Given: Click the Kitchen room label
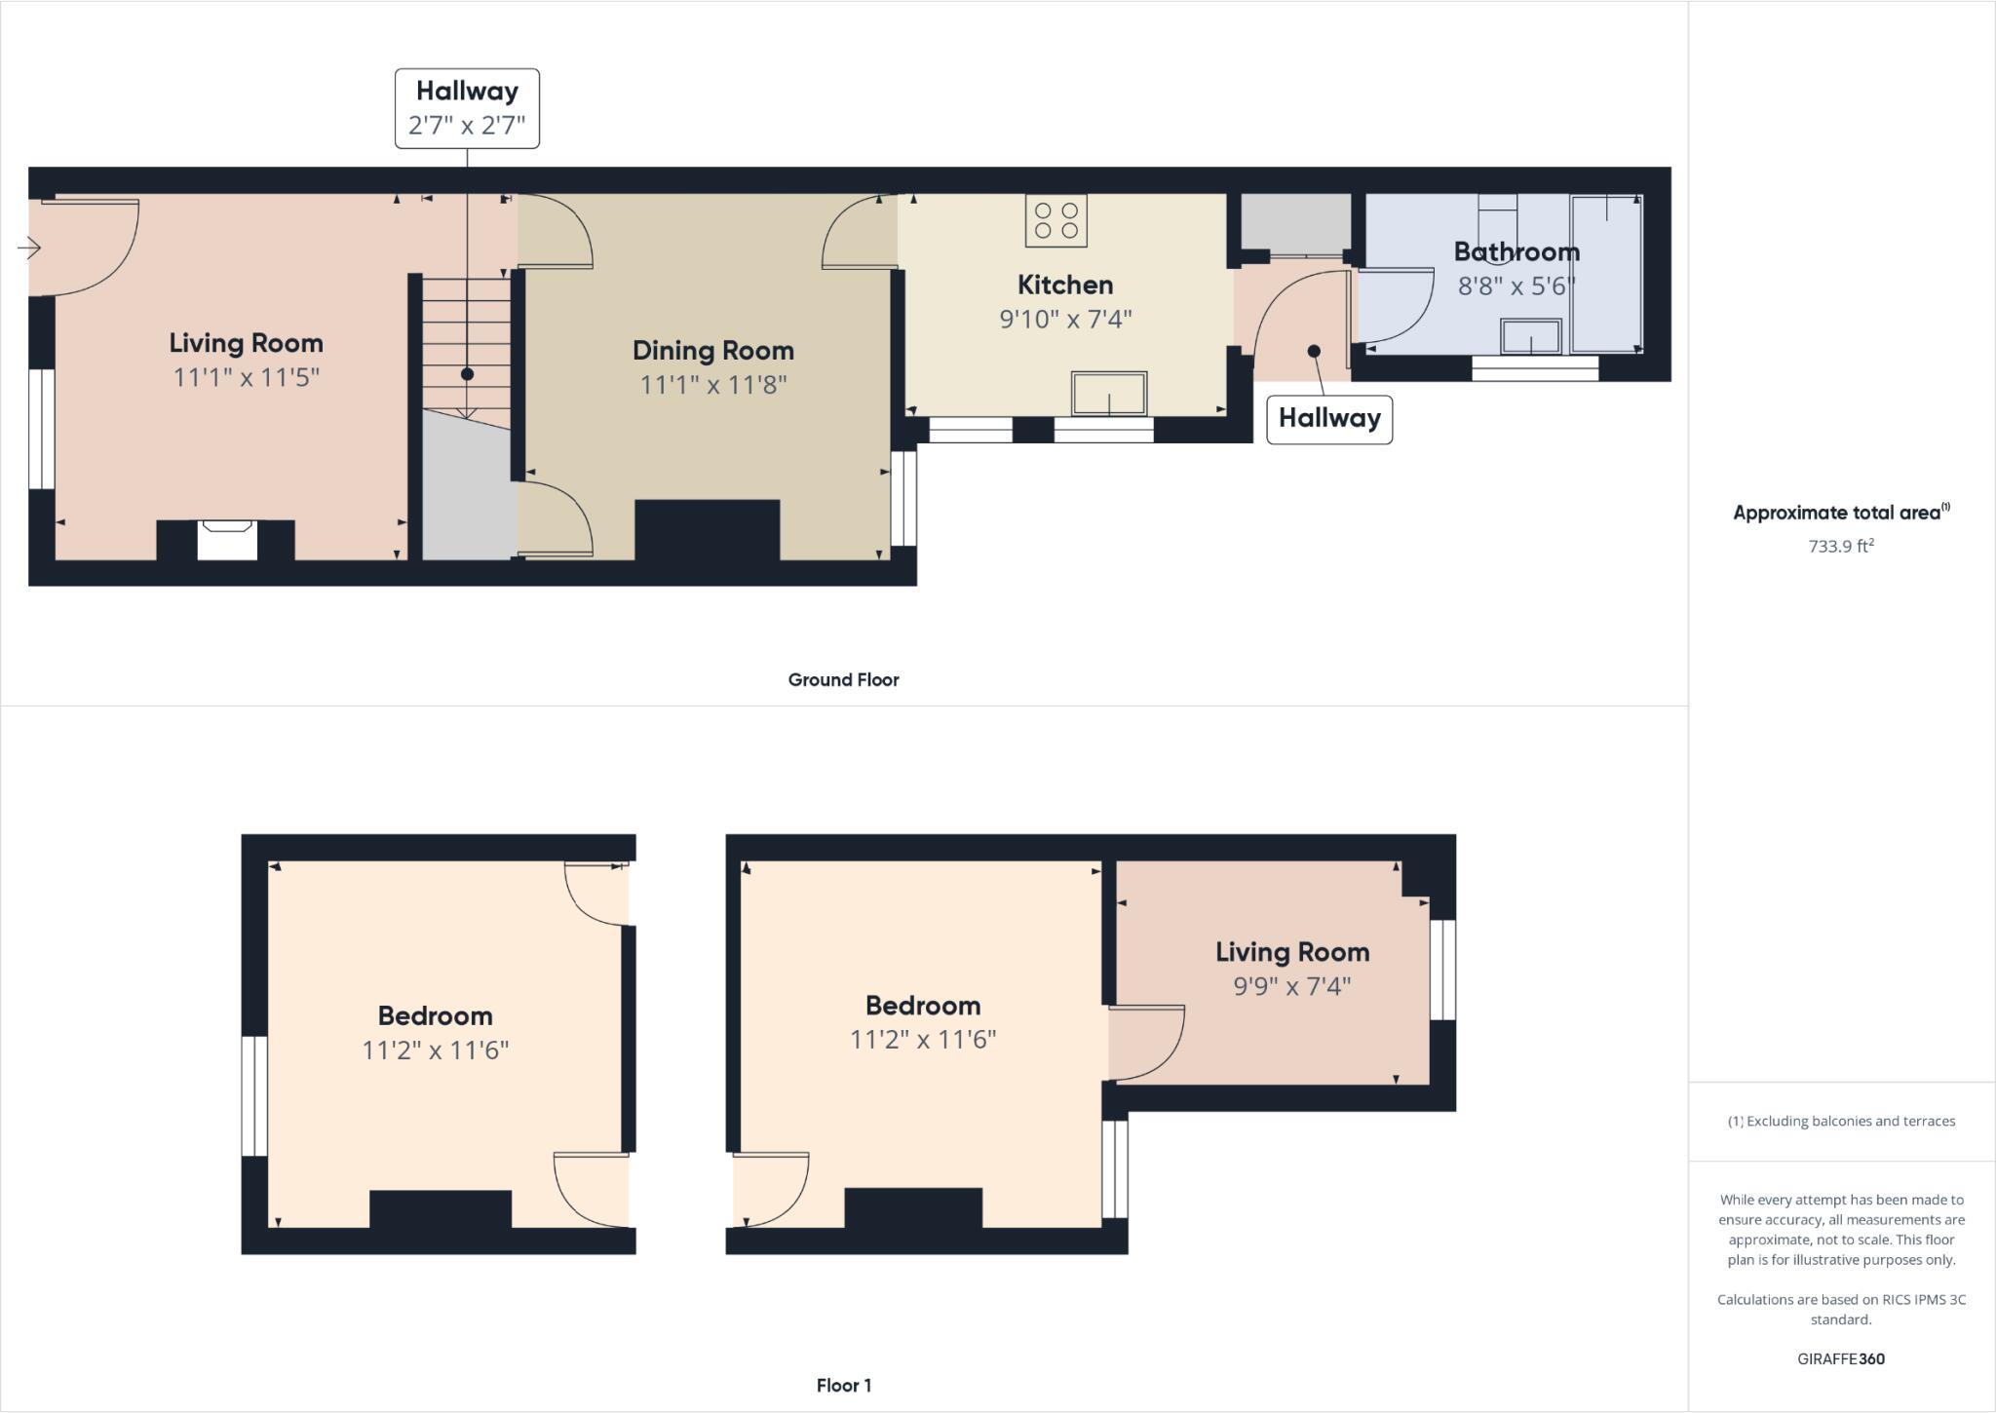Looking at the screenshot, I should point(1064,285).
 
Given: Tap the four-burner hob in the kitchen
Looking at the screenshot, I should point(1056,220).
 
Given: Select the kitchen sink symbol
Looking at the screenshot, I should point(1108,394).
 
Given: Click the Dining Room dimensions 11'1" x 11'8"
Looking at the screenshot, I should point(712,385).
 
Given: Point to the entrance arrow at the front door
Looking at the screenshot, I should point(29,248).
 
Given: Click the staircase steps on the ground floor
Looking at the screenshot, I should point(467,341).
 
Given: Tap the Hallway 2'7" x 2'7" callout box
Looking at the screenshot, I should point(467,108).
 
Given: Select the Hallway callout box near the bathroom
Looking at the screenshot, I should point(1328,419).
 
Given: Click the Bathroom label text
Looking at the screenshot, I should point(1516,251).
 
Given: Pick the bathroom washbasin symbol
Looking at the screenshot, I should point(1530,337).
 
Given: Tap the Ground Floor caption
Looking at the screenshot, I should point(843,680).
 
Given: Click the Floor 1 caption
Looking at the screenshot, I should point(843,1385).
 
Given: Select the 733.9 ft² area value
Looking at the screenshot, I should point(1840,547).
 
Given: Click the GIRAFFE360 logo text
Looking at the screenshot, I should point(1840,1358).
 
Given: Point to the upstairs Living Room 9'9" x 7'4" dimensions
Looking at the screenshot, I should point(1291,986).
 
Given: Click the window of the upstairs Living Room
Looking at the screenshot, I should point(1442,970).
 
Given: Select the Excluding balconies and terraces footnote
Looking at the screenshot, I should point(1841,1121).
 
